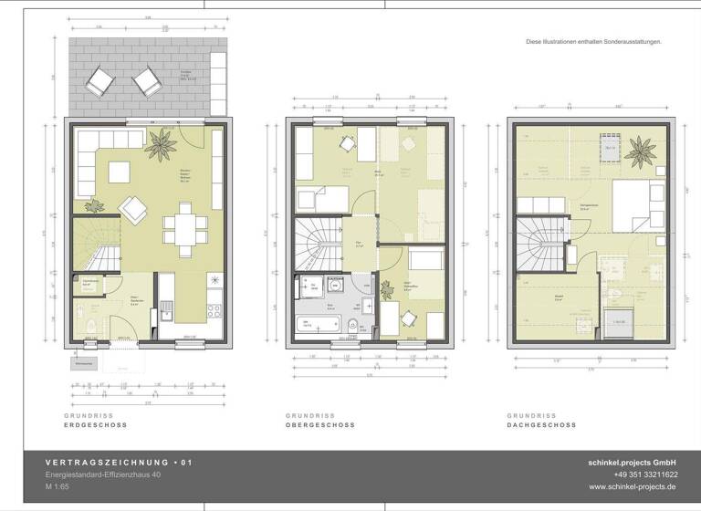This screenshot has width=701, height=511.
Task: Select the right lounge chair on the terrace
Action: click(x=146, y=86)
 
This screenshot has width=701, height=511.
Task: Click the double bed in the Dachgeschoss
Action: click(x=630, y=208)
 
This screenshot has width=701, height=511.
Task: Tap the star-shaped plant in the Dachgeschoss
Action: click(x=639, y=148)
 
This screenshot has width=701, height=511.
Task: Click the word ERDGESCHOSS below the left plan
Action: click(x=96, y=425)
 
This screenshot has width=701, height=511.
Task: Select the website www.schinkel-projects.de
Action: click(x=639, y=487)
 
